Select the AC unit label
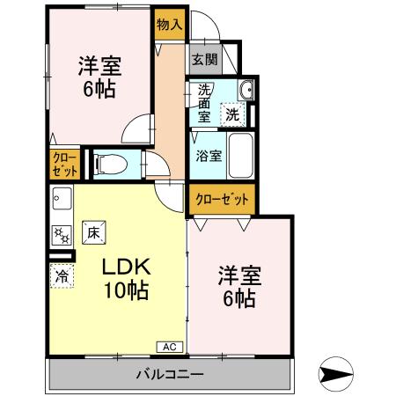pos(171,347)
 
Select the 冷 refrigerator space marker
pos(62,276)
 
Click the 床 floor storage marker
pos(94,233)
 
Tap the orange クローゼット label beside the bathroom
pos(222,199)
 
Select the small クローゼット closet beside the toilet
pos(64,164)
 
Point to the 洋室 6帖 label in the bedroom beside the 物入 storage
pos(98,77)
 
